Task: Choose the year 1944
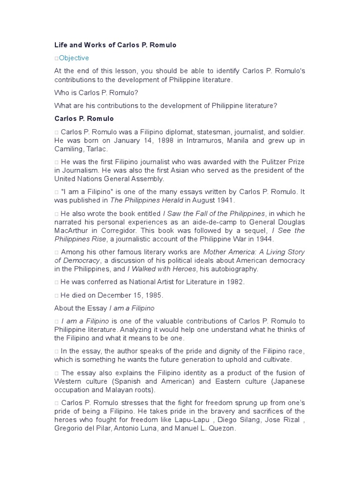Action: (264, 239)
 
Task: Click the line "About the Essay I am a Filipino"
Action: (104, 308)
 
